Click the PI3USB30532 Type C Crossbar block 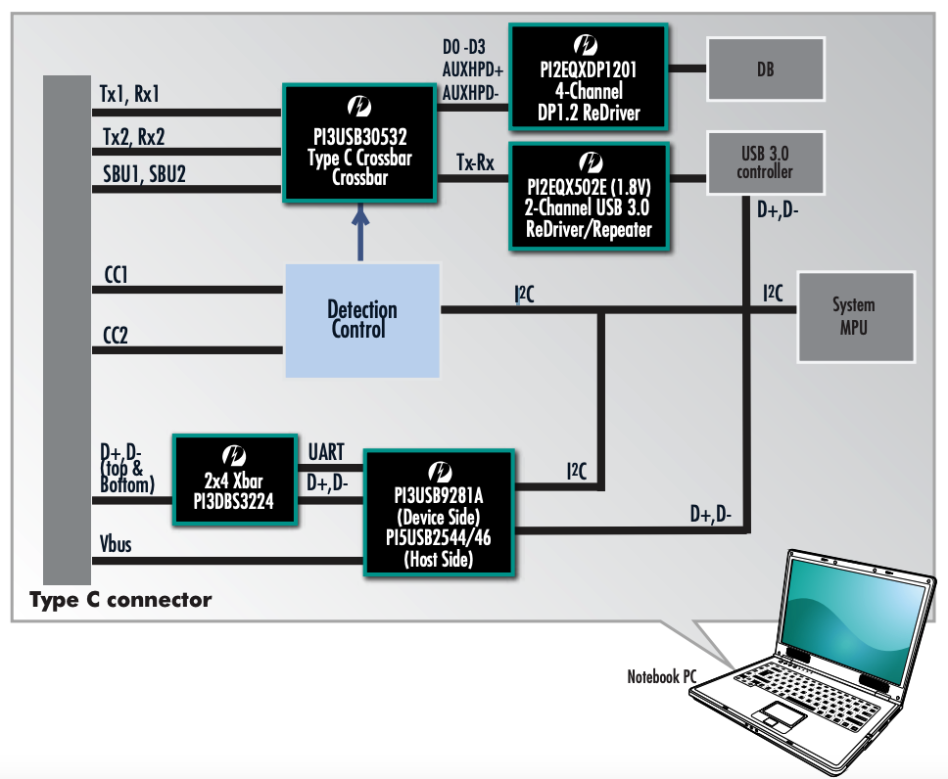pyautogui.click(x=359, y=143)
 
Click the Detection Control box pyautogui.click(x=362, y=320)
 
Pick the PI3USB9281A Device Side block pyautogui.click(x=440, y=512)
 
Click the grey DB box pyautogui.click(x=766, y=69)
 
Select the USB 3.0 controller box pyautogui.click(x=765, y=161)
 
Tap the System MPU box pyautogui.click(x=853, y=316)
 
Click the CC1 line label pyautogui.click(x=116, y=277)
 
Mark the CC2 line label pyautogui.click(x=116, y=337)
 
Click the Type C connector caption pyautogui.click(x=120, y=599)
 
